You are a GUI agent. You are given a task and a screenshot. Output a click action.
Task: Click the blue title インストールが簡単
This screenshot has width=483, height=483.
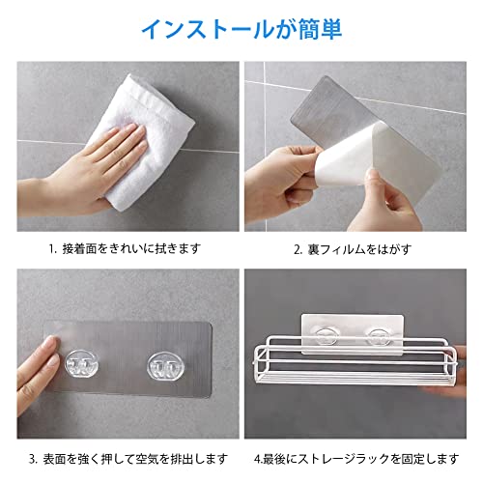tap(241, 29)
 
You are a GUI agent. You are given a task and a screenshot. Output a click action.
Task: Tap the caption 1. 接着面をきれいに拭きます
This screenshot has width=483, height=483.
tap(125, 249)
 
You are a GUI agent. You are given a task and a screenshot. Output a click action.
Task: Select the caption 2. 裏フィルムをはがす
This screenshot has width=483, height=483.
tap(353, 249)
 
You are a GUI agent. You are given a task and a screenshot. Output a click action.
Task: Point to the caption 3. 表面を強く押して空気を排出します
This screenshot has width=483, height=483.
tap(128, 459)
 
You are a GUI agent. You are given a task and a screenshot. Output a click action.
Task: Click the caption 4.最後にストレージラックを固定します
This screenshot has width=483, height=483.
tap(356, 459)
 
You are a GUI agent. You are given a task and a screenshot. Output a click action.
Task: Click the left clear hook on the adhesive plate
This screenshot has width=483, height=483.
tap(81, 365)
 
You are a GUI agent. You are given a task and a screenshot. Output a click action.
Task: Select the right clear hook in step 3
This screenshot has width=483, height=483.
tap(165, 366)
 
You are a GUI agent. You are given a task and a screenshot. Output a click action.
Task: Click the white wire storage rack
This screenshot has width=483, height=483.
tap(355, 360)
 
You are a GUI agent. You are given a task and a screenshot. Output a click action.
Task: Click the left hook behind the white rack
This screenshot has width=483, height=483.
tap(327, 336)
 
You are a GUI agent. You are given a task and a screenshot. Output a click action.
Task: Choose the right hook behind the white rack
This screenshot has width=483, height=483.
tap(380, 337)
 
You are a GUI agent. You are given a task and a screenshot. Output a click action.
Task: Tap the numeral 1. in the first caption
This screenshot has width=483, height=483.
tap(53, 249)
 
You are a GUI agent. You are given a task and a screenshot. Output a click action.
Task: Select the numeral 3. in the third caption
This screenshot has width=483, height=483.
tap(34, 459)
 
